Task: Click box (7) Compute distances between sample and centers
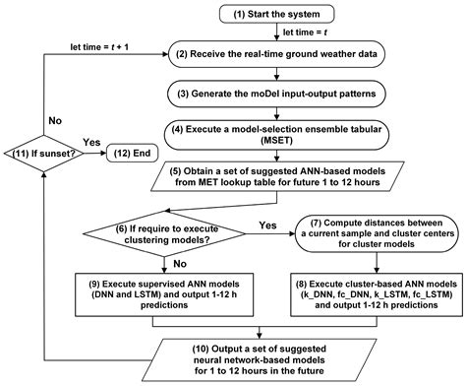point(374,234)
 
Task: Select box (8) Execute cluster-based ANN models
point(374,291)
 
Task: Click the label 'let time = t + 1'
point(103,44)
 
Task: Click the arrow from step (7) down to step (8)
point(374,261)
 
